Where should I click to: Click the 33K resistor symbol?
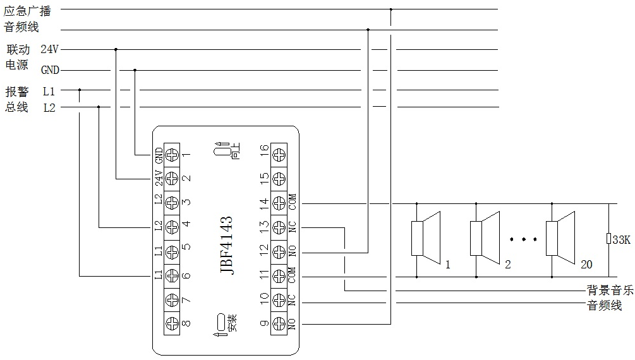pos(607,239)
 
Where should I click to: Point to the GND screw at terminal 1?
pos(171,154)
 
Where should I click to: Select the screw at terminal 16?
pos(279,154)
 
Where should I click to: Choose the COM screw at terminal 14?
pos(279,203)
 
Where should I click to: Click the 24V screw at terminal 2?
pos(171,179)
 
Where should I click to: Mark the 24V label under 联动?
pos(49,49)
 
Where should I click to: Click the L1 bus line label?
pos(49,91)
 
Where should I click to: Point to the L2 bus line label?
pos(49,108)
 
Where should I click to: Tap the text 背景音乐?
pos(610,291)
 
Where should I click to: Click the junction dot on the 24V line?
pos(116,49)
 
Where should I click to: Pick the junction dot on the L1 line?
pos(80,90)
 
